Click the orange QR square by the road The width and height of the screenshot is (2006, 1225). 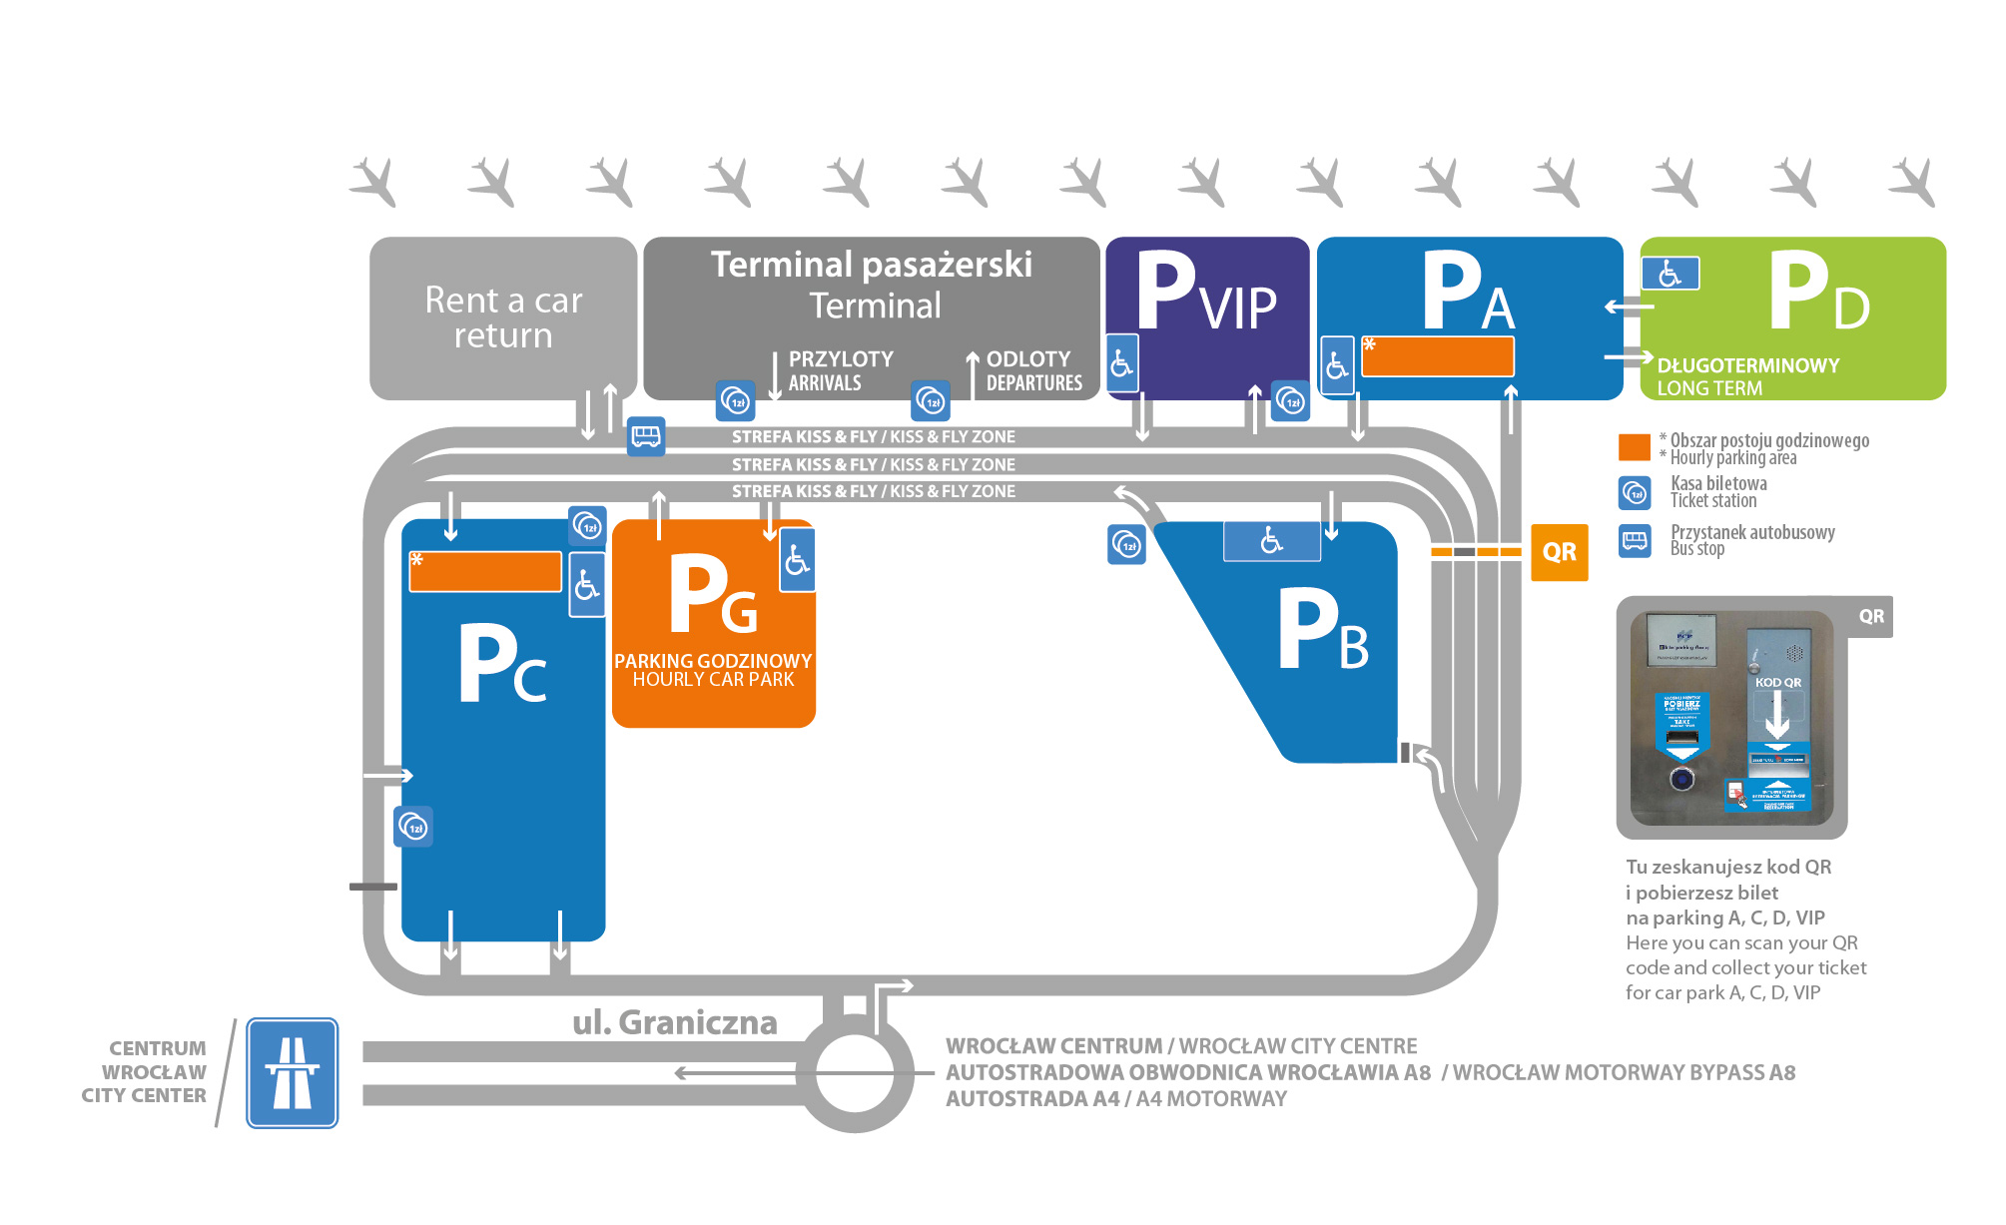coord(1559,551)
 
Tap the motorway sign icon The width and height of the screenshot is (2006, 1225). coord(292,1072)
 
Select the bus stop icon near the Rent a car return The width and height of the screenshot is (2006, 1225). coord(646,436)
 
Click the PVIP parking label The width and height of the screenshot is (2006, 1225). coord(1206,294)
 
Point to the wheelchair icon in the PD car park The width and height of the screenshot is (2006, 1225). coord(1670,274)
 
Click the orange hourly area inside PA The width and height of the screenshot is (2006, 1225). coord(1438,356)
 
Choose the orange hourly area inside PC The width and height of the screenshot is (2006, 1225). coord(485,572)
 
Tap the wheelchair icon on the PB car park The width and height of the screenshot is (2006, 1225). coord(1271,541)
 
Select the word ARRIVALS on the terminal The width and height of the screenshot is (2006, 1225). coord(825,383)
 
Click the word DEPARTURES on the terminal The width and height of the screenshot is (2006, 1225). coord(1034,383)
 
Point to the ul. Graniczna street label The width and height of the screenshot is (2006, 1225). coord(675,1022)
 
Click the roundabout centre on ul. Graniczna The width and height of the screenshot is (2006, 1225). coord(855,1073)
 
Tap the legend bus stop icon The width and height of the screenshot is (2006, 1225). coord(1635,541)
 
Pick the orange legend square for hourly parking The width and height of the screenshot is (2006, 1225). coord(1634,447)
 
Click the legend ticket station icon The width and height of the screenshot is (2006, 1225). coord(1635,492)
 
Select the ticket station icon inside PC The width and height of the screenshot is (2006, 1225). coord(413,827)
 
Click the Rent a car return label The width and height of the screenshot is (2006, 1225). coord(503,317)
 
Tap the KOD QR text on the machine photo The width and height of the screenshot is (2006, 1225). coord(1778,683)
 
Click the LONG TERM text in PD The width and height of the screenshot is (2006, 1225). coord(1709,388)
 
